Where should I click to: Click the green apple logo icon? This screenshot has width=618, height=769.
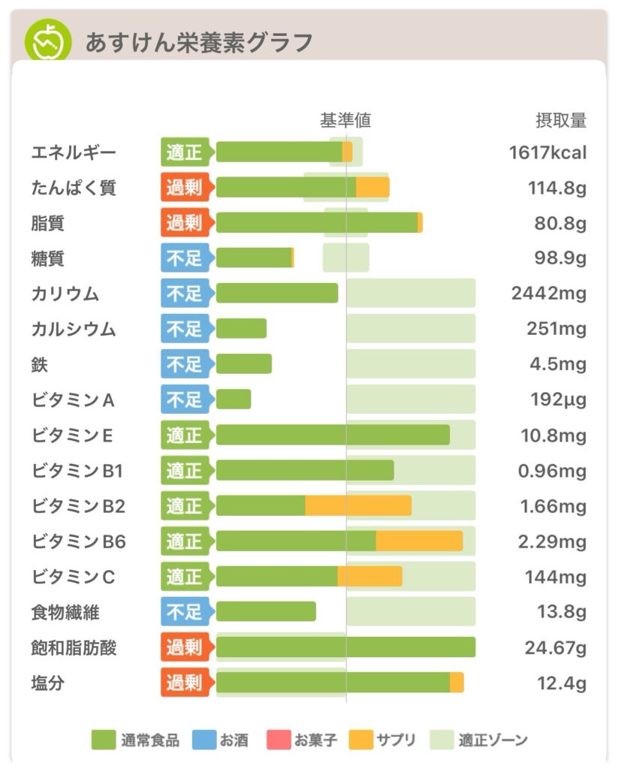click(48, 41)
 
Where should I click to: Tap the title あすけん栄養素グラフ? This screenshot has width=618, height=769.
click(198, 43)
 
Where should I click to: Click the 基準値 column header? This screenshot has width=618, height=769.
click(345, 120)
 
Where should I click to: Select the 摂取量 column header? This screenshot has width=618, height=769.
click(560, 120)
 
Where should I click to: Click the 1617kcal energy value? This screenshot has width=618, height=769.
click(547, 152)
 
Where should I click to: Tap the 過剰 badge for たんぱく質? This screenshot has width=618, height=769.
click(185, 188)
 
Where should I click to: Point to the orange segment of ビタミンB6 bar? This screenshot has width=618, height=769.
click(419, 541)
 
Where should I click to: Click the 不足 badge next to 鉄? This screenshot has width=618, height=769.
click(185, 364)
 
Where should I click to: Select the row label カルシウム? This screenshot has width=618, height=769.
click(74, 329)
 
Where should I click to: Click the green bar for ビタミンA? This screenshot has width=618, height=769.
click(234, 400)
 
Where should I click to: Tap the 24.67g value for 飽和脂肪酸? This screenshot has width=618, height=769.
click(556, 647)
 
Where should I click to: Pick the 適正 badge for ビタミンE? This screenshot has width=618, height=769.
click(185, 435)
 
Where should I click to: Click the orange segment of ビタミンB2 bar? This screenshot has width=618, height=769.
click(358, 505)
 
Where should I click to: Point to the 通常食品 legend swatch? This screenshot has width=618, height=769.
click(104, 740)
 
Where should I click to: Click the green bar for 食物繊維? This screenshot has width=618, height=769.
click(266, 611)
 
